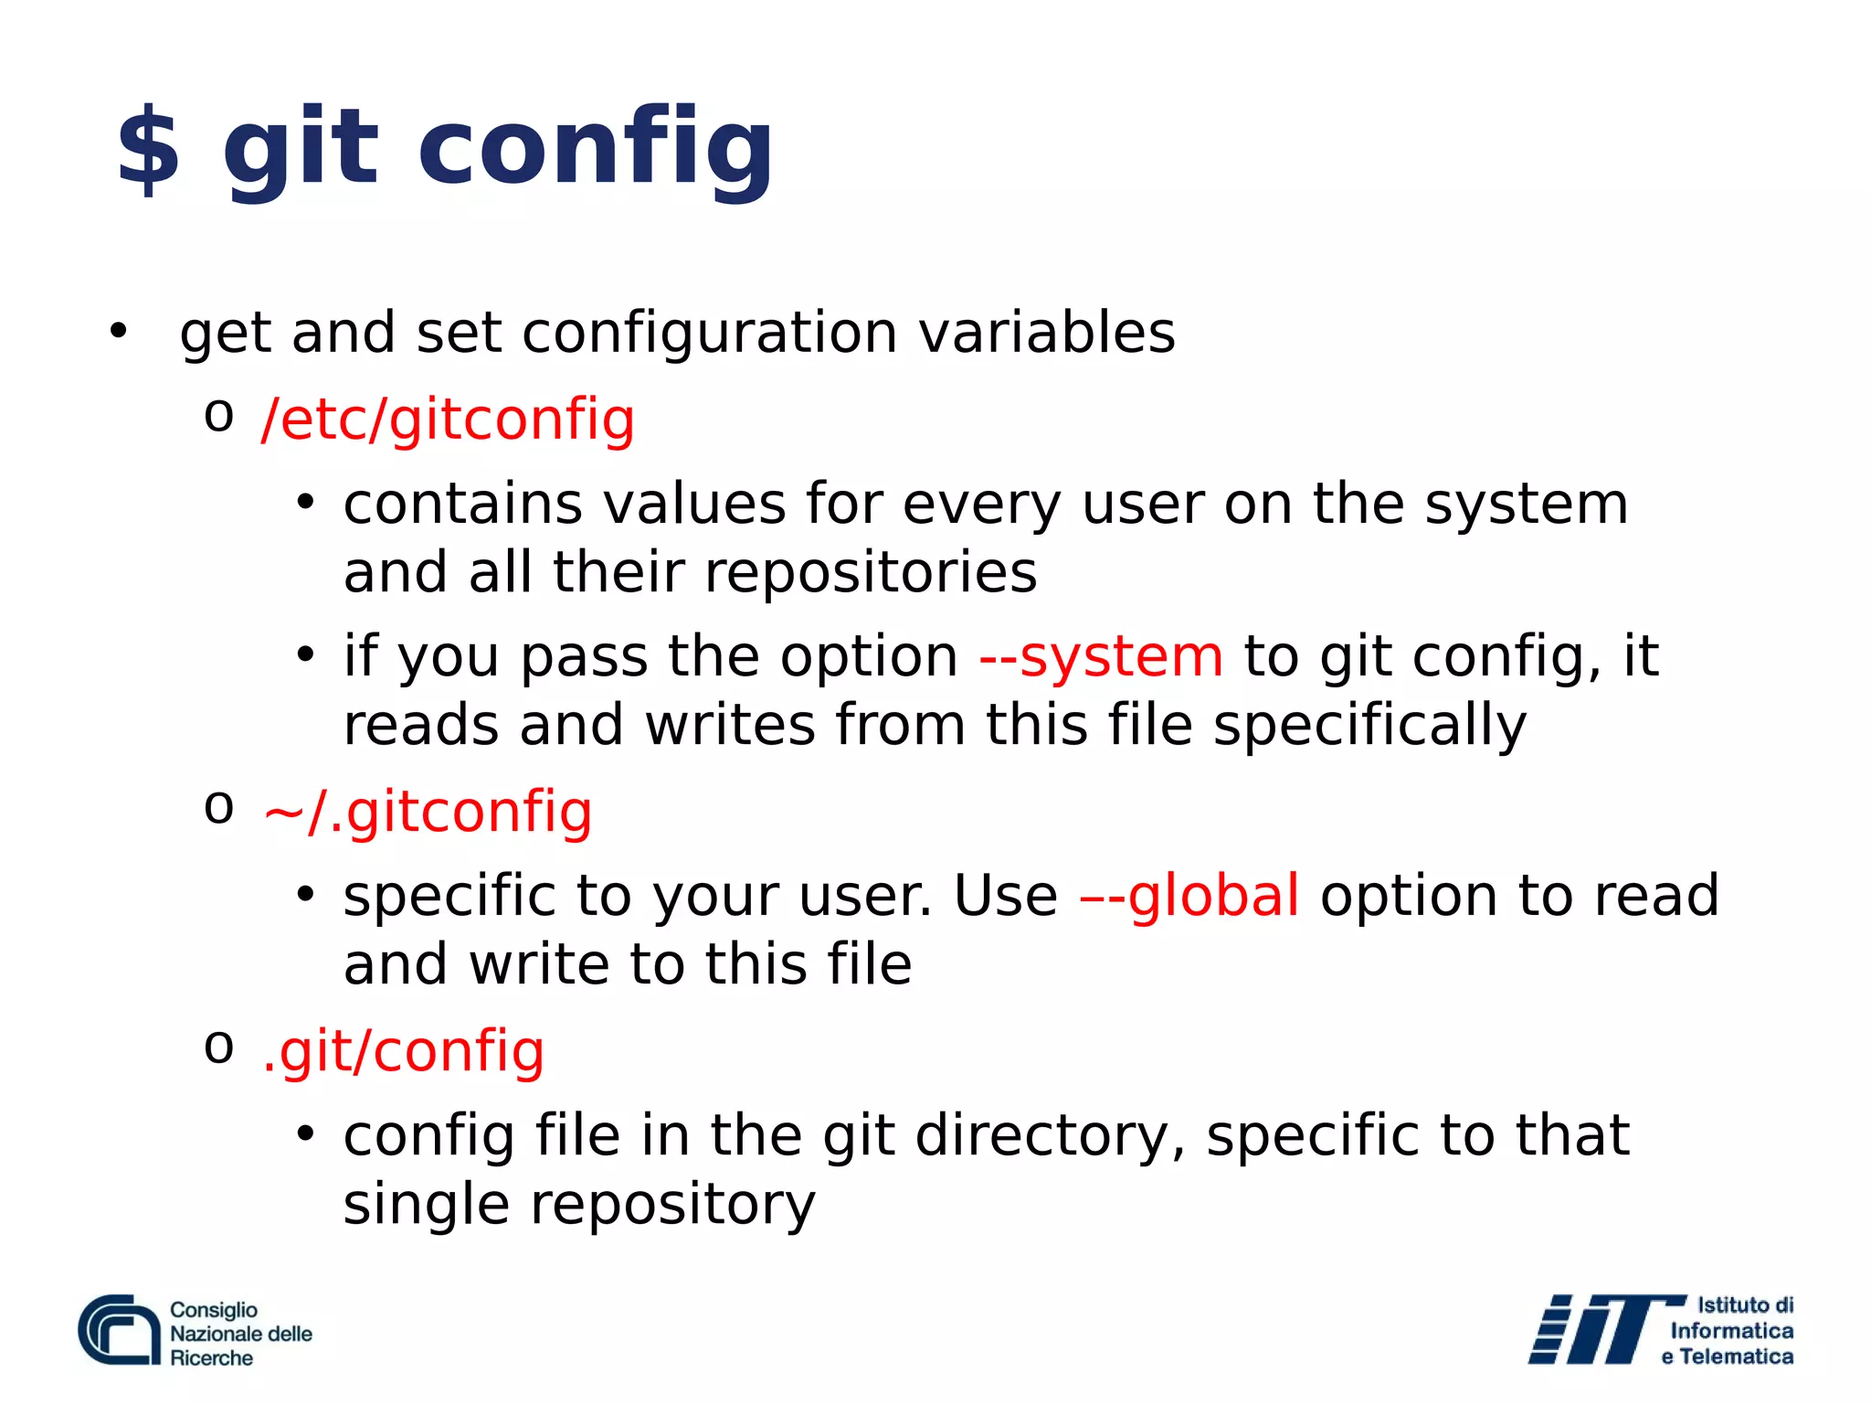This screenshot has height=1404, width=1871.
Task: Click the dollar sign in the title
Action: pos(148,149)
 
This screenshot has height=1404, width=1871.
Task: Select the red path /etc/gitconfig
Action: pos(448,420)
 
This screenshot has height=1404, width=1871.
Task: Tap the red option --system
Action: pos(1101,656)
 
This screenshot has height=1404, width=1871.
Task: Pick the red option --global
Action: pos(1189,895)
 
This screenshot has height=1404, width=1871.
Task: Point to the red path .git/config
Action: pos(403,1050)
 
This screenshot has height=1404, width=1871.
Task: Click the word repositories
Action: pos(871,572)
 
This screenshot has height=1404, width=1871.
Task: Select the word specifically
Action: pos(1369,726)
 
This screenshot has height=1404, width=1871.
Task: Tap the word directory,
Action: pos(1050,1135)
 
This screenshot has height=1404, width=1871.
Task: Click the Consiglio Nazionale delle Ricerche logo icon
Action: pos(120,1331)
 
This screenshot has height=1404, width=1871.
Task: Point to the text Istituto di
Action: pos(1744,1305)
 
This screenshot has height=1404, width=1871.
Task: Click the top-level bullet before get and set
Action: pos(118,331)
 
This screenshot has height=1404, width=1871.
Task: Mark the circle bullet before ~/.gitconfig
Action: pos(219,808)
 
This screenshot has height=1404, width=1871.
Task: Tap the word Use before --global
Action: pos(1005,895)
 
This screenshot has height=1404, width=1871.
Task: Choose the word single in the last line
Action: pos(426,1204)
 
